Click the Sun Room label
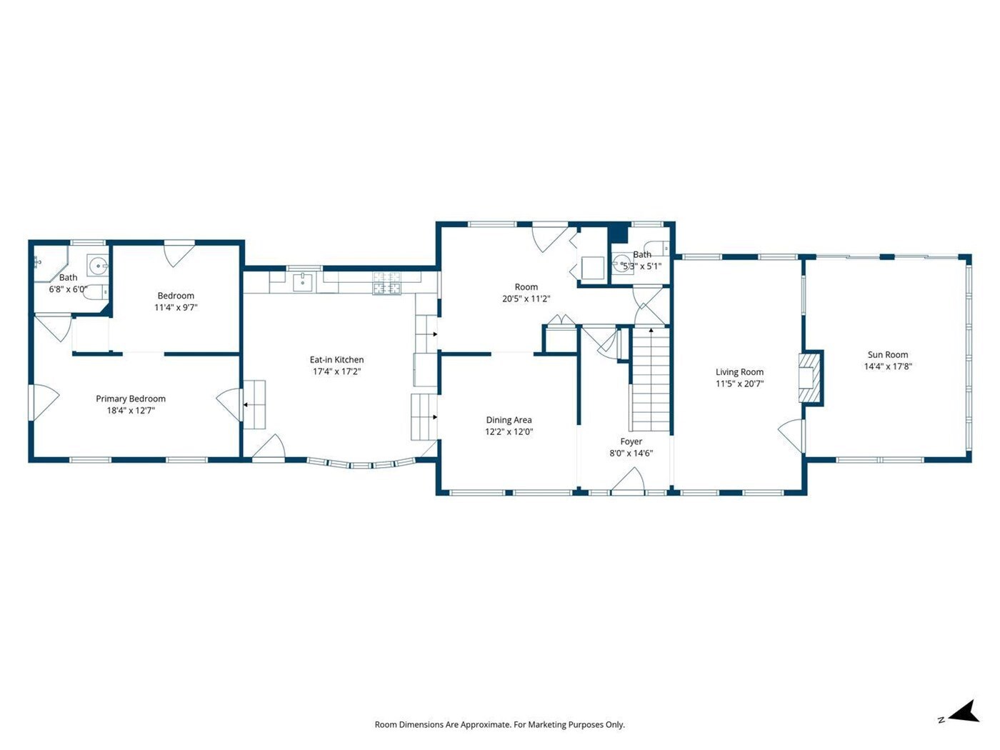click(887, 354)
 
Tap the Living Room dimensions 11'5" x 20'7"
click(739, 384)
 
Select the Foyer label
click(631, 441)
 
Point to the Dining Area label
click(509, 420)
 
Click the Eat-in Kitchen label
click(336, 360)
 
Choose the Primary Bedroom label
click(131, 399)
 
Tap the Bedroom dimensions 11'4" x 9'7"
click(176, 307)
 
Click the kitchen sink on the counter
click(303, 282)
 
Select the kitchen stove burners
click(387, 284)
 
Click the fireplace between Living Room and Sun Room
click(809, 378)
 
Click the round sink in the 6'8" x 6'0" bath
click(97, 264)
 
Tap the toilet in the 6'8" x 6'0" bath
click(97, 291)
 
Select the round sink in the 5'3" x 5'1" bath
click(619, 264)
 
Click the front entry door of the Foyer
click(627, 482)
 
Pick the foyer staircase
click(651, 379)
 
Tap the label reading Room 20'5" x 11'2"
click(526, 293)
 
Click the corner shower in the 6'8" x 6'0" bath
click(50, 264)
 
